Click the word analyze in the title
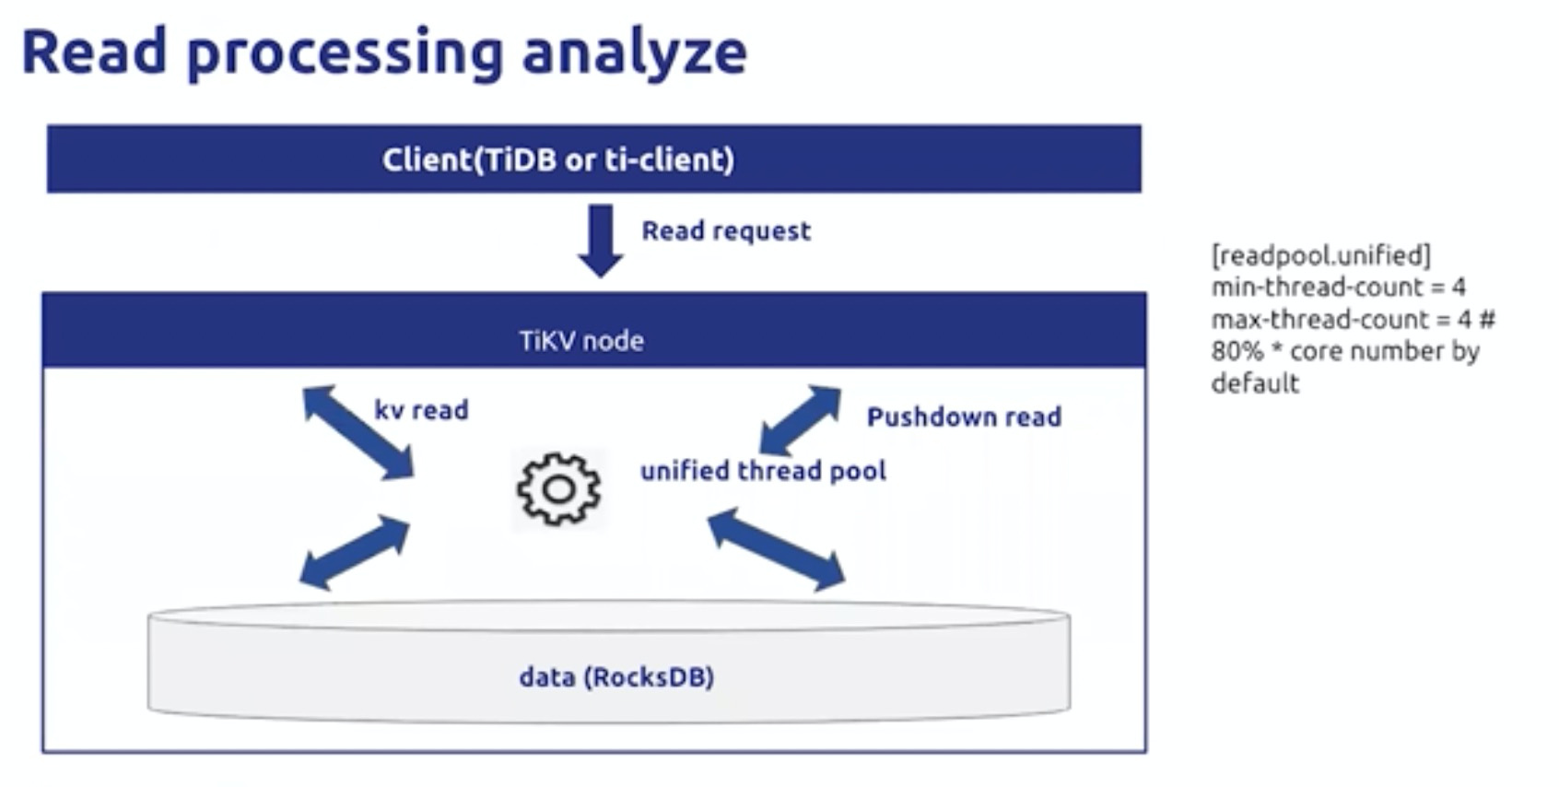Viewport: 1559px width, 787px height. pos(634,53)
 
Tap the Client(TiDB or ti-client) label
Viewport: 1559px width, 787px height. pos(558,160)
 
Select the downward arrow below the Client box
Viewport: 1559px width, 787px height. pos(601,241)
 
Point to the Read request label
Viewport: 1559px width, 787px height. pos(726,231)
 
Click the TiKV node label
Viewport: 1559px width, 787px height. pos(581,341)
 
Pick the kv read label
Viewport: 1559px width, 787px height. pos(422,410)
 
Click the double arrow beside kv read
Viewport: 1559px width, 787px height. pos(358,432)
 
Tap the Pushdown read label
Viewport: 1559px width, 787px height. pos(964,417)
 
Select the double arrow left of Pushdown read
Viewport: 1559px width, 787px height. pos(801,420)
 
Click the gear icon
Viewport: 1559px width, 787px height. pos(558,489)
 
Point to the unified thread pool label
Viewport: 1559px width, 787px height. pos(764,471)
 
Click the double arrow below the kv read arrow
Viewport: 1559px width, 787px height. pos(354,553)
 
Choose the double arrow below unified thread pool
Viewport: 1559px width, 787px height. pos(777,549)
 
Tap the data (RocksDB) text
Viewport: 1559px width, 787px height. pos(616,677)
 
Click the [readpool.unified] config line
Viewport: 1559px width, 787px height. pos(1321,256)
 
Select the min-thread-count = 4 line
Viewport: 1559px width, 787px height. pos(1339,287)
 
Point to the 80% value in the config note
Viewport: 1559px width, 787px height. pos(1237,351)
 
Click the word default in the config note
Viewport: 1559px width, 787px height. pos(1255,383)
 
